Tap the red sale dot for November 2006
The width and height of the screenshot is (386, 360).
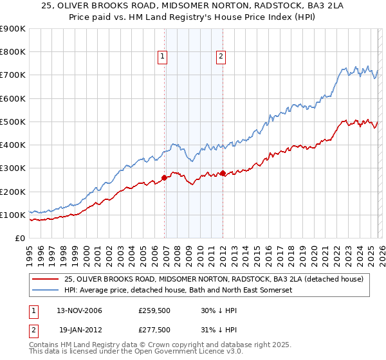164,178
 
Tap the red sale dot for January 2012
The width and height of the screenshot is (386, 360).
223,174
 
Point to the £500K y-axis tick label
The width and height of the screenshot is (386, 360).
13,122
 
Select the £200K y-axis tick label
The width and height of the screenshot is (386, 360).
13,192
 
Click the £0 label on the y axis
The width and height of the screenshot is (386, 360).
19,239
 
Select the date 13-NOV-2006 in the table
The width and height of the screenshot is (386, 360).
79,310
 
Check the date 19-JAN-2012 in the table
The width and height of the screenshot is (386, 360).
79,329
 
